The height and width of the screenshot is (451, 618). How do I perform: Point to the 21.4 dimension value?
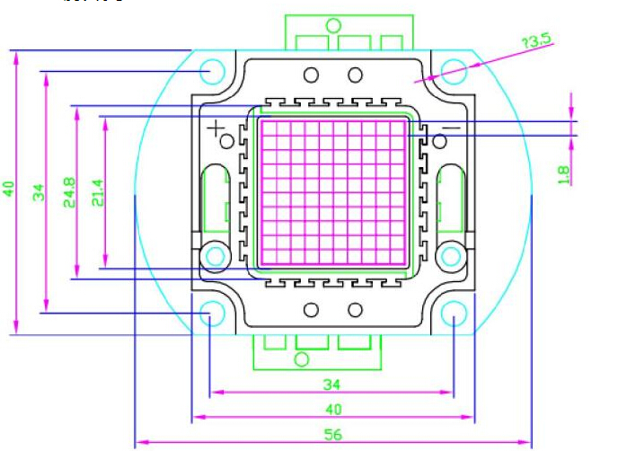coord(97,192)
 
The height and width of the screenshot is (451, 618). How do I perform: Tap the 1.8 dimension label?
coord(564,173)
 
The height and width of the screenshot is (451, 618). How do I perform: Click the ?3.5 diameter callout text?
coord(537,40)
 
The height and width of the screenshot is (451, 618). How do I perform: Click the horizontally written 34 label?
coord(332,385)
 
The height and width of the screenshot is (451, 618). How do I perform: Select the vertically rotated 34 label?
coord(39,191)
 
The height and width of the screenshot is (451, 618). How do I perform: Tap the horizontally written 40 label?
coord(332,409)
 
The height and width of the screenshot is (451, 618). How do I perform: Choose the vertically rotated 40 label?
coord(9,190)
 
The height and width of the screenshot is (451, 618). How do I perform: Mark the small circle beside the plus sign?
coord(227,140)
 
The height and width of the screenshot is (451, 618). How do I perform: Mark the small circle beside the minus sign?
coord(438,140)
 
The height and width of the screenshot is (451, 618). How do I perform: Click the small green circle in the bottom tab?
coord(302,359)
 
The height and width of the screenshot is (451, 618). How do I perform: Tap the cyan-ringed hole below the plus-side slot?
coord(216,256)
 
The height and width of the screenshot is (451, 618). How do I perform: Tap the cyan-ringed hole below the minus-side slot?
coord(449,256)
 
